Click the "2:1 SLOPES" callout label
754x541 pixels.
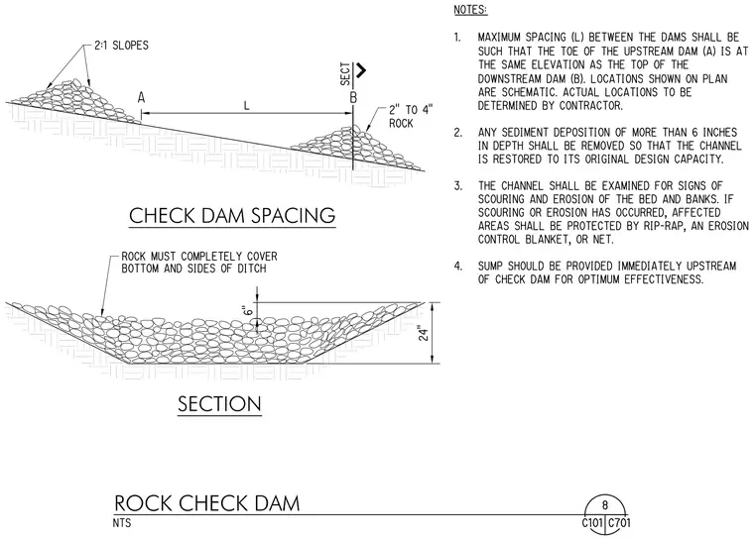point(121,46)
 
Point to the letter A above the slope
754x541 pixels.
point(141,97)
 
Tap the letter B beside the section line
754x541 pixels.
point(353,97)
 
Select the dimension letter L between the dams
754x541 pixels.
point(247,105)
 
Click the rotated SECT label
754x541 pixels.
point(345,73)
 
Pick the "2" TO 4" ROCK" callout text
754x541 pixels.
point(411,116)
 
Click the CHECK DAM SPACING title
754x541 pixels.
point(232,215)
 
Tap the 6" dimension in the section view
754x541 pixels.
point(248,310)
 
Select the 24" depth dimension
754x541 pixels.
point(424,334)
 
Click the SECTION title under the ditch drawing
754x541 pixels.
point(220,403)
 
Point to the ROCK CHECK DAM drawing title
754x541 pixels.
point(207,503)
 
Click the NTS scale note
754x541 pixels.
point(122,522)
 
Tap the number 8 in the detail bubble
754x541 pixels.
point(605,504)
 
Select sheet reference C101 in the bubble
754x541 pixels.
point(592,523)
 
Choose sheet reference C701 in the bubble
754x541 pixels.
point(619,523)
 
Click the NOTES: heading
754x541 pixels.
point(471,10)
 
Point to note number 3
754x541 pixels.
point(457,186)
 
